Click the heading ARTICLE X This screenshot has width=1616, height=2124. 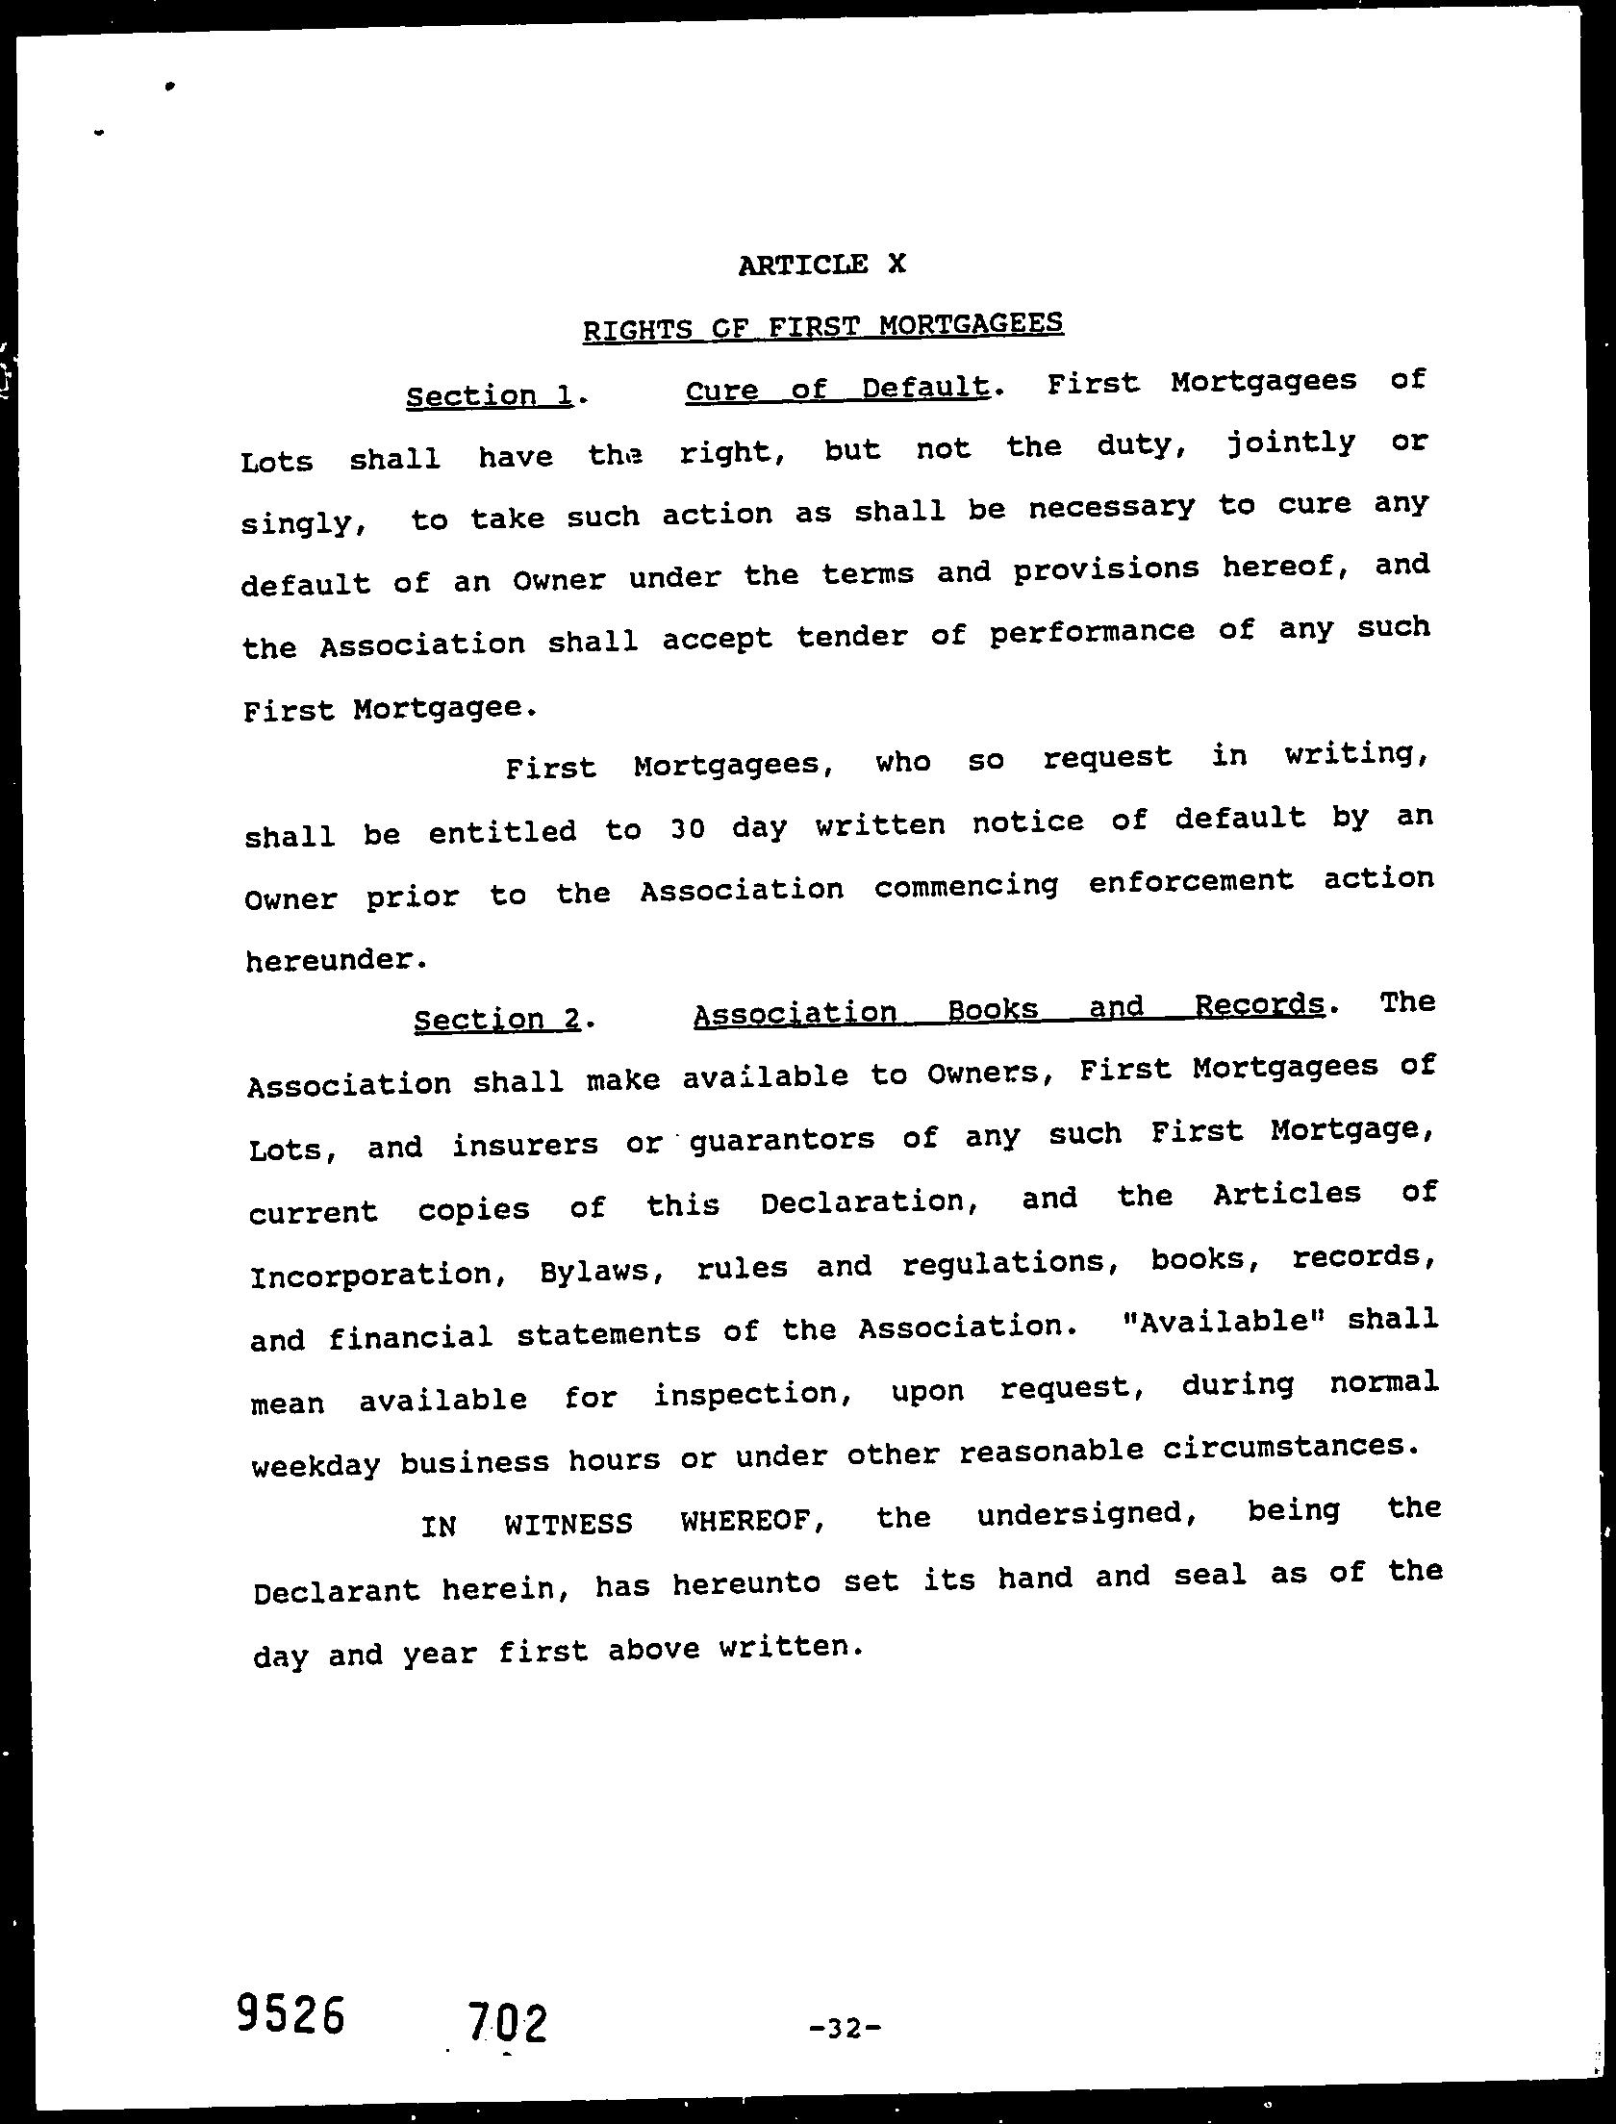pos(821,264)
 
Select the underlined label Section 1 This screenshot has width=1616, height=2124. pos(490,395)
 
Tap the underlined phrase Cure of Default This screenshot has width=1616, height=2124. pos(837,388)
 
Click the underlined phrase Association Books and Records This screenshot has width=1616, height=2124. pos(1008,1008)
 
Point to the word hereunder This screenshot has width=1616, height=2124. pos(333,960)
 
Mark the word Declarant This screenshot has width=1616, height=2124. pos(337,1590)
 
